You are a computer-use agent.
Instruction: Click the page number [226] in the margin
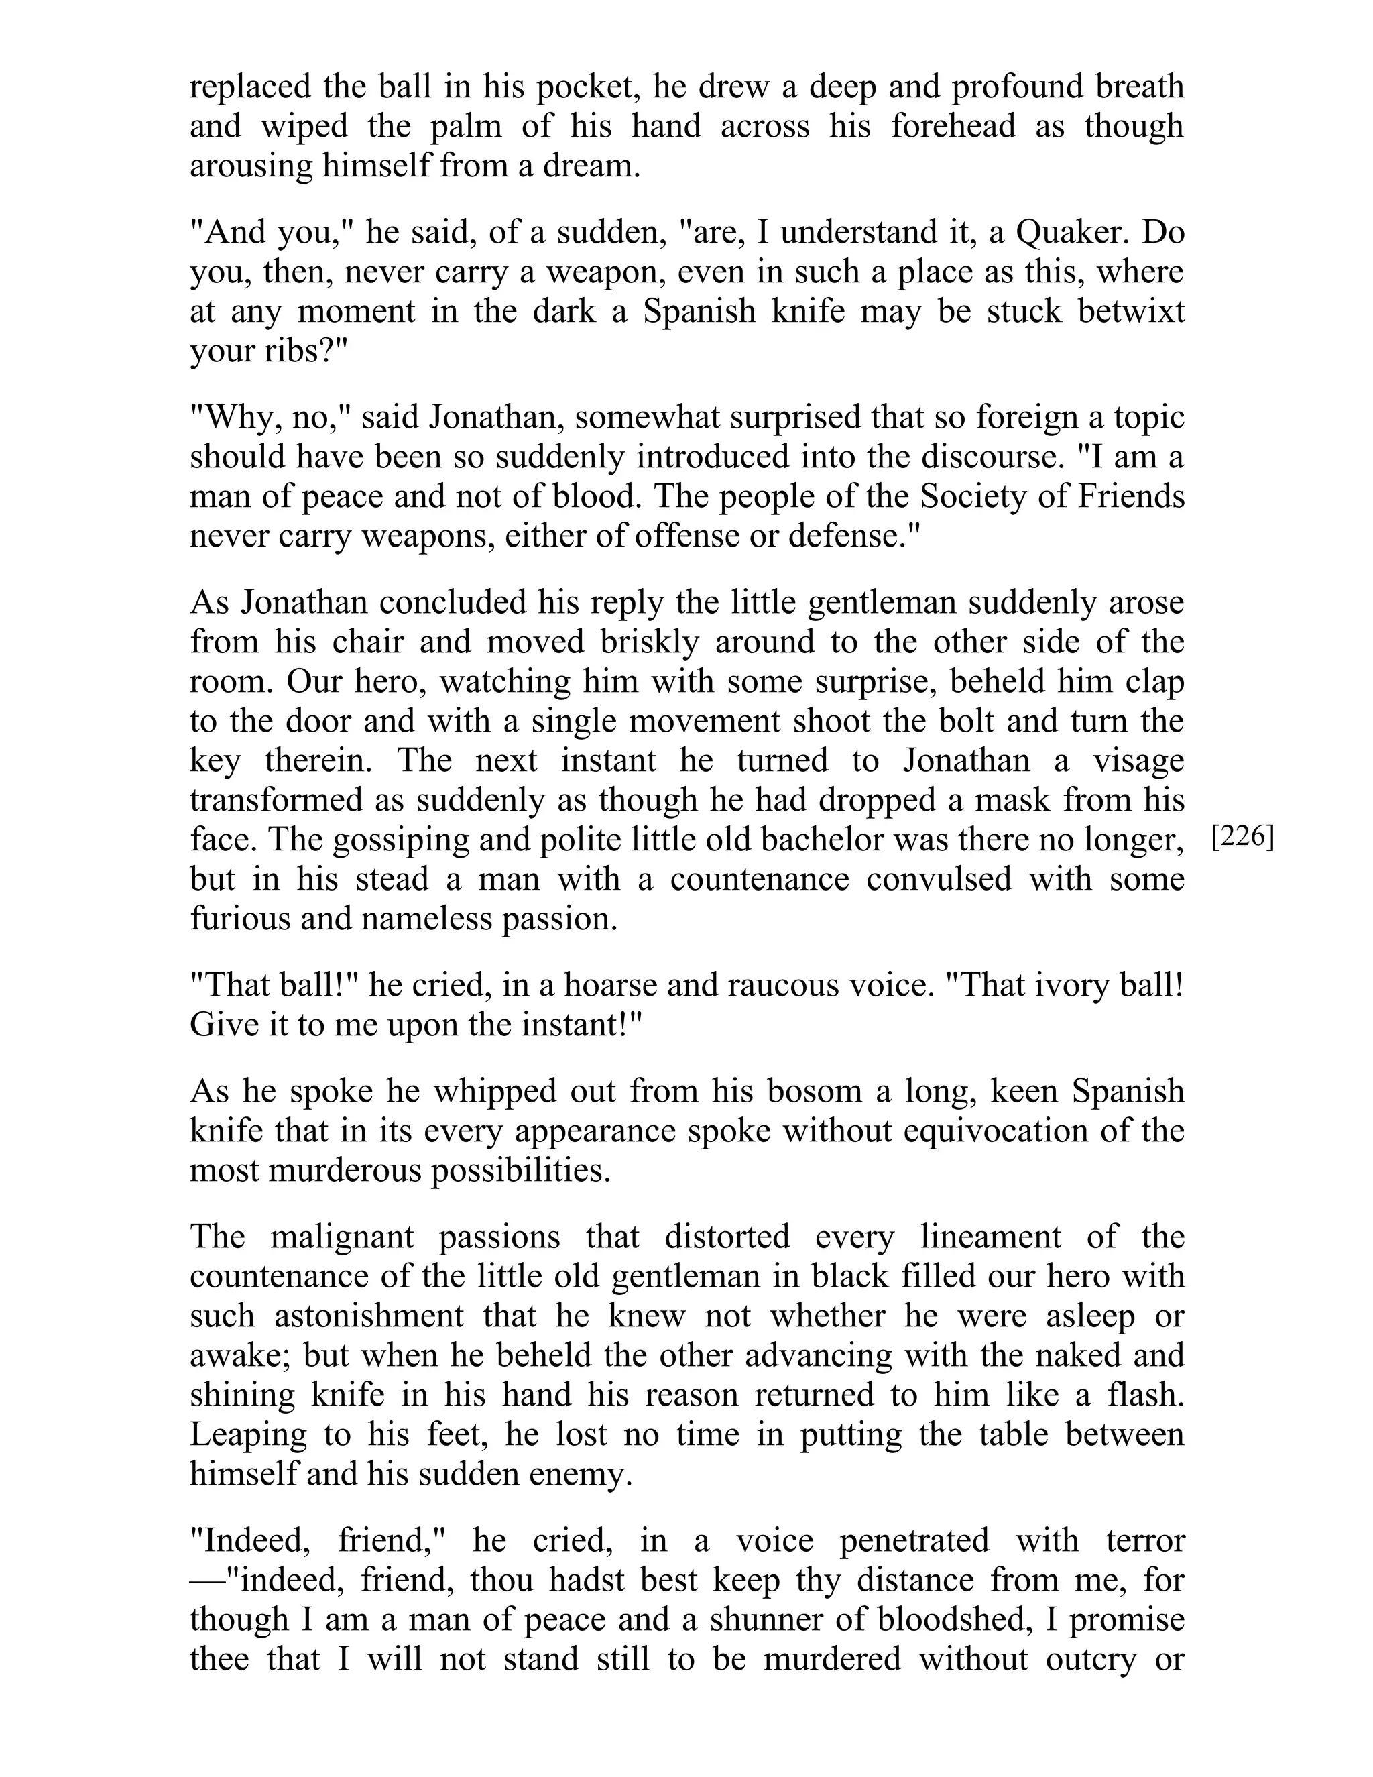(1242, 838)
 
